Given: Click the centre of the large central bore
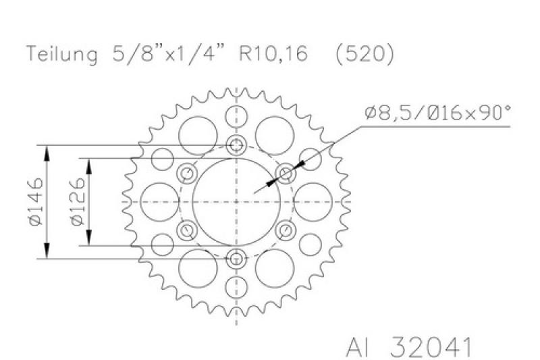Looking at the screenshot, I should click(236, 201).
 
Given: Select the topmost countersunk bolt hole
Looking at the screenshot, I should click(236, 145).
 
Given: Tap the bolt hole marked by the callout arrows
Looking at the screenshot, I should click(286, 174).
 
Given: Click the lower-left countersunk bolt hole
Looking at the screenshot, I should click(186, 230).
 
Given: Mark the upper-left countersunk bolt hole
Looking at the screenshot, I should click(186, 174).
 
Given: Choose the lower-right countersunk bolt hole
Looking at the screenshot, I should click(286, 230).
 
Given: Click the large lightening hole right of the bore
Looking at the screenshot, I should click(315, 201).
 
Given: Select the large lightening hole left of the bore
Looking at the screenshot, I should click(157, 201).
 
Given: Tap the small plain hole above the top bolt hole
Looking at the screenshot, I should click(236, 115).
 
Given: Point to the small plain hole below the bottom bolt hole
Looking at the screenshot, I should click(236, 286).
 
